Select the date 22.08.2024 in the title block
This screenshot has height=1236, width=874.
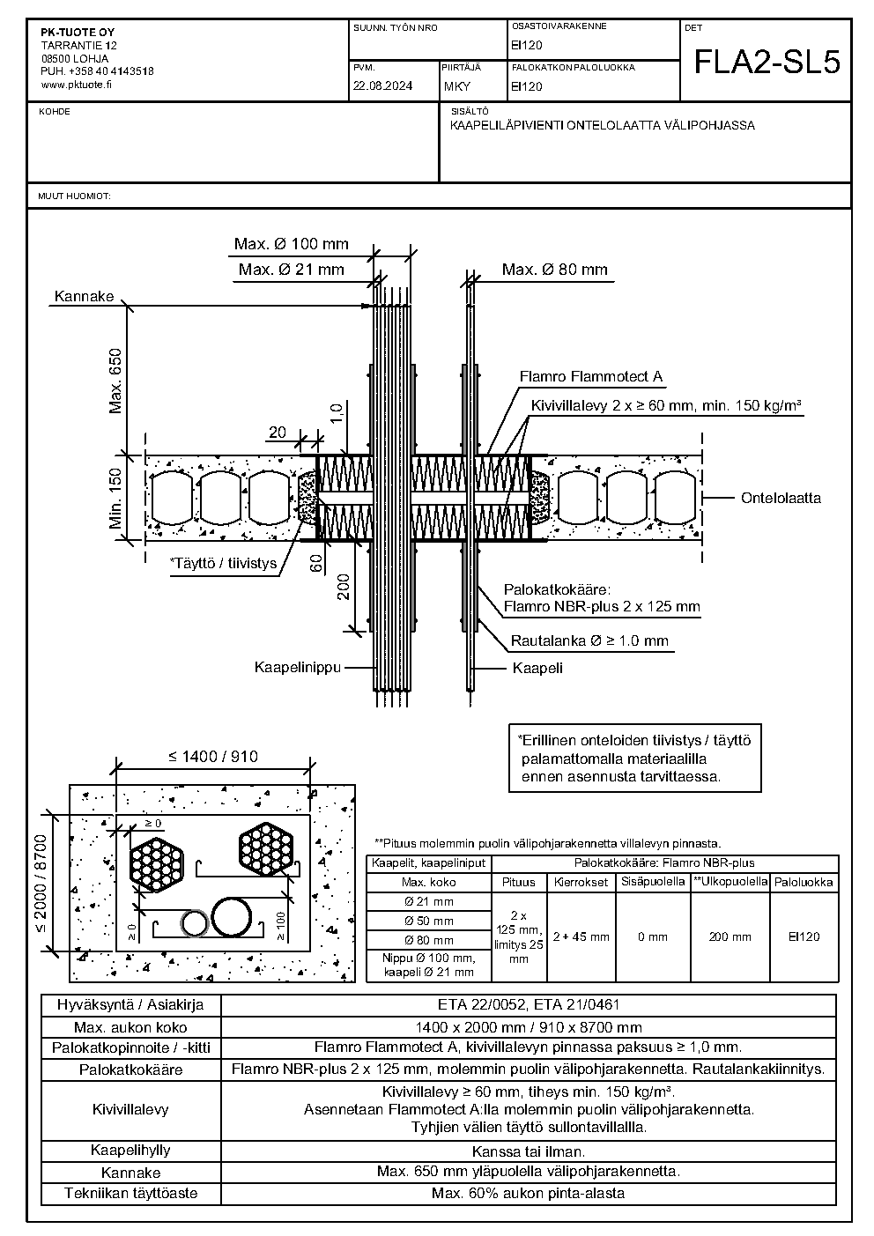383,86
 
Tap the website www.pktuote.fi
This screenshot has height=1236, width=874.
76,85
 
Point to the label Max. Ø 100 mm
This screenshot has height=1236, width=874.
292,244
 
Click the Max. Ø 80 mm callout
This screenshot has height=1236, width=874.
554,270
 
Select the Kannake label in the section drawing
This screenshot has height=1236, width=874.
84,296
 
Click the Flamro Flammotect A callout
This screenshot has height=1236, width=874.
591,376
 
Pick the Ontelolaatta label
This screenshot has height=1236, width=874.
781,498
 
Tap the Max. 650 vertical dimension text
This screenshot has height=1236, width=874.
115,381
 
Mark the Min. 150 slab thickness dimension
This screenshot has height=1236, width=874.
115,499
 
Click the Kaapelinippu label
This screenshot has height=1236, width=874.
298,667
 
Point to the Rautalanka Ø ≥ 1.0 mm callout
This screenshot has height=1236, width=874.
589,640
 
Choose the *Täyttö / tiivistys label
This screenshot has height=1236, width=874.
224,563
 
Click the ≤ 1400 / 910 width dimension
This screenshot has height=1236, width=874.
213,756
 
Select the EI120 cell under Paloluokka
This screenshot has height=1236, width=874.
804,936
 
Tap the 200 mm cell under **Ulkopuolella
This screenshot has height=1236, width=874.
730,936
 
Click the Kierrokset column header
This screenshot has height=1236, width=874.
581,882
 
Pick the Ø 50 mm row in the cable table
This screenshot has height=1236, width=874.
429,921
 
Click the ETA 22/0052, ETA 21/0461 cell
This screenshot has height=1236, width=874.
529,1004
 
